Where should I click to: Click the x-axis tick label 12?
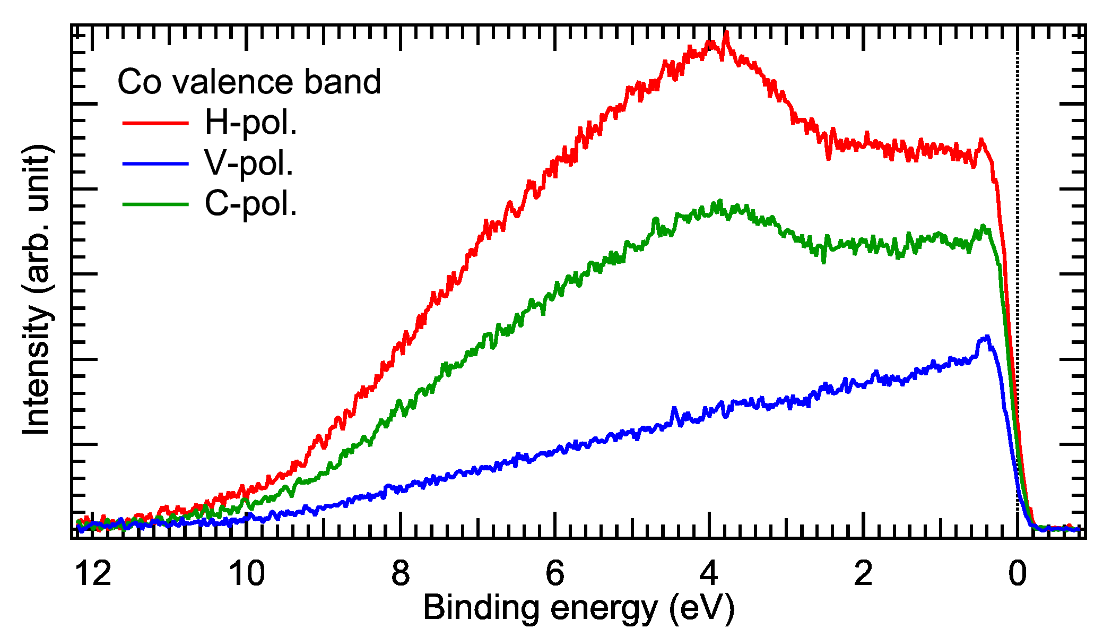click(x=93, y=574)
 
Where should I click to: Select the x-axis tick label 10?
click(x=247, y=574)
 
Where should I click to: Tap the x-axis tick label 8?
click(x=401, y=574)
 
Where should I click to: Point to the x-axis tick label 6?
click(x=555, y=574)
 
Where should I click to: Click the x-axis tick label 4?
click(x=709, y=574)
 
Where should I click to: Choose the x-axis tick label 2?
click(x=863, y=574)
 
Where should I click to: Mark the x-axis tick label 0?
click(x=1017, y=574)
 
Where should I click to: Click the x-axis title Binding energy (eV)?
click(x=579, y=608)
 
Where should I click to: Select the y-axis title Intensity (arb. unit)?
click(x=37, y=289)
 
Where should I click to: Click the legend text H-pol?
click(x=250, y=123)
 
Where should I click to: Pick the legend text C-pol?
click(x=250, y=204)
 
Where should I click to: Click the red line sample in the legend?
click(x=155, y=123)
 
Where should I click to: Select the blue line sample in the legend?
click(x=155, y=164)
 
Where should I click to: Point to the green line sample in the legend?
click(x=155, y=204)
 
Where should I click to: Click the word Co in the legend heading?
click(x=139, y=82)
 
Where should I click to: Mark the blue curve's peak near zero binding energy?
click(x=987, y=337)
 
